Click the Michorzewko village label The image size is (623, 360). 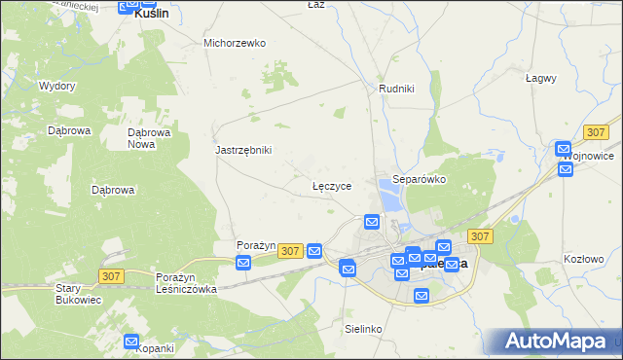(x=235, y=43)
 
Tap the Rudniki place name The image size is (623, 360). (x=396, y=89)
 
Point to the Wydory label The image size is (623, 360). (x=56, y=86)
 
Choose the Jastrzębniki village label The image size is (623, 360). (x=243, y=150)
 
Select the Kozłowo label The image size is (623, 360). (x=584, y=259)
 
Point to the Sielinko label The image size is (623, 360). (x=363, y=330)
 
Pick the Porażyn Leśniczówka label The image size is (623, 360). (x=186, y=283)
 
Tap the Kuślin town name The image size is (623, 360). (x=151, y=14)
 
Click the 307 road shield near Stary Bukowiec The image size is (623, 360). (x=110, y=276)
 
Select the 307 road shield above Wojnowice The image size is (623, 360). (x=597, y=131)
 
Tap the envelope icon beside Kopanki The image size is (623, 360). (x=132, y=341)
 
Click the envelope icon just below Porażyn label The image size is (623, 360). (x=244, y=261)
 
